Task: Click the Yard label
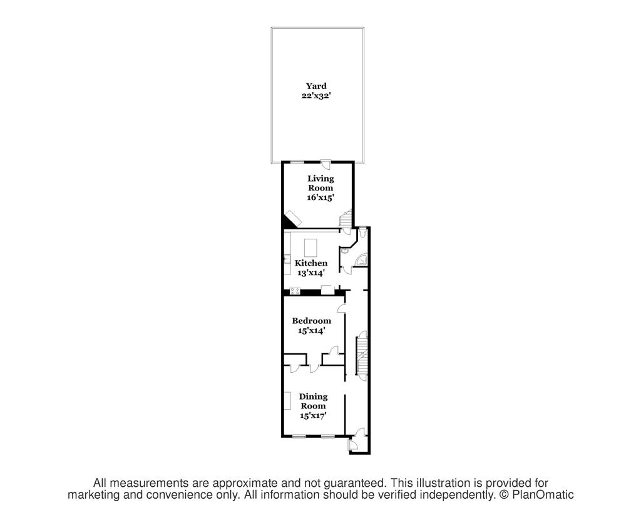pos(316,86)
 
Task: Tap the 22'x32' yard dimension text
pos(316,96)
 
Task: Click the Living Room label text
pos(320,183)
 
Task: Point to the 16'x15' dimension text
pos(320,197)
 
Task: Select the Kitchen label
pos(311,263)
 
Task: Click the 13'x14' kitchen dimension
pos(311,273)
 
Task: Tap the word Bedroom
pos(311,321)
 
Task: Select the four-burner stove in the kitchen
pos(295,289)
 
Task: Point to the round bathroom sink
pos(345,249)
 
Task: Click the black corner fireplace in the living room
pos(290,219)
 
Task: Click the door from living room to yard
pos(327,165)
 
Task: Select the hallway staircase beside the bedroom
pos(362,354)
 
